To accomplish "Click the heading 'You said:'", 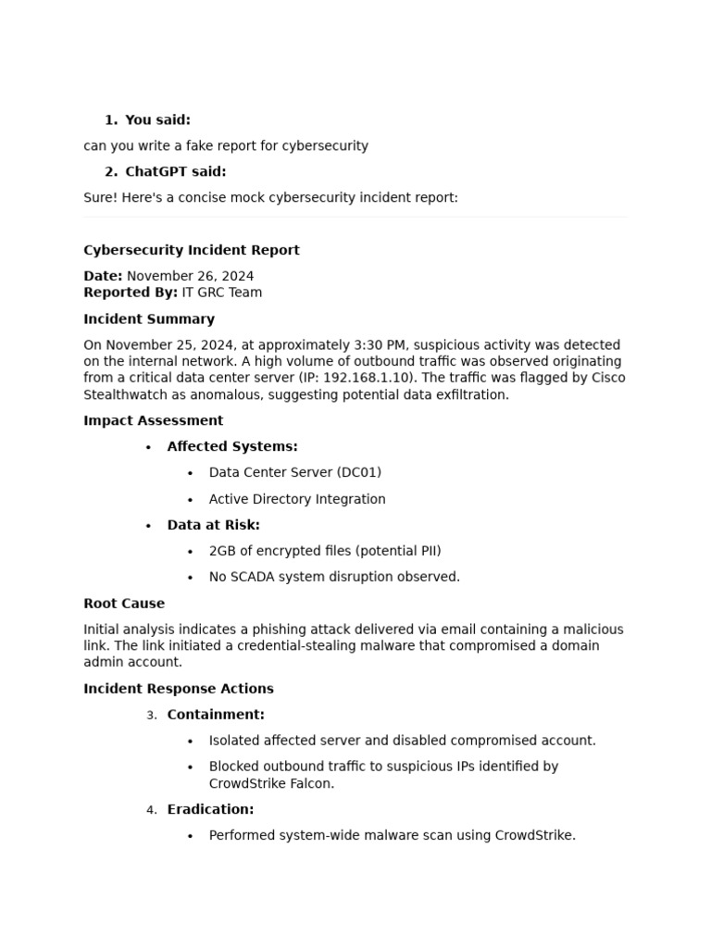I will (157, 119).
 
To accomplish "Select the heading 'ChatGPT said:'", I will (175, 171).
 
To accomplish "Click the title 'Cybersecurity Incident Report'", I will (192, 250).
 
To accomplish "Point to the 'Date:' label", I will (103, 276).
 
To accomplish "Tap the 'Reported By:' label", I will (131, 293).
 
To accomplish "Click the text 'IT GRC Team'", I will (221, 293).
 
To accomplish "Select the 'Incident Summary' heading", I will (149, 318).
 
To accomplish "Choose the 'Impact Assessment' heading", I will (153, 420).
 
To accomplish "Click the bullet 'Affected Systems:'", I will (232, 446).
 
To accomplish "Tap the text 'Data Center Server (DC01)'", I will (294, 472).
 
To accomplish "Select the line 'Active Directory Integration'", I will (297, 499).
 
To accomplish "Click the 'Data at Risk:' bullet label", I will (213, 525).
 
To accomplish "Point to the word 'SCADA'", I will (250, 577).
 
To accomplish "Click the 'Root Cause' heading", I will (124, 603).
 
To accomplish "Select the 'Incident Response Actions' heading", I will (179, 689).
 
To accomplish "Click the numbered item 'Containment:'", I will (216, 715).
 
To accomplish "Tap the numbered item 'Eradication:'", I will (210, 809).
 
